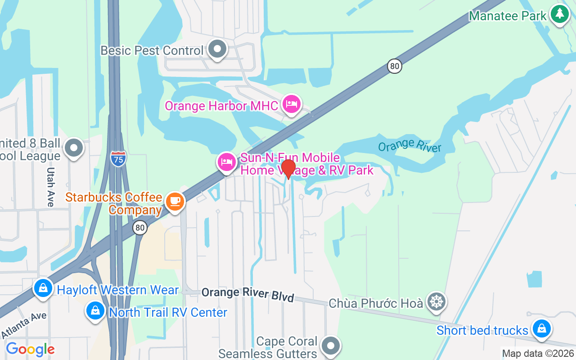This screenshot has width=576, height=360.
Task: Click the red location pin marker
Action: (x=288, y=169)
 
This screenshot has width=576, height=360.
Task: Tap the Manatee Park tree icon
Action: (x=560, y=14)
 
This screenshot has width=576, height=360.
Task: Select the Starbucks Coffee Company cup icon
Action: (x=175, y=201)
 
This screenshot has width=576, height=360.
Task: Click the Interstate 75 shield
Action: (x=118, y=158)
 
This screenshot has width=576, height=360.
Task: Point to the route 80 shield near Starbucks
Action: (x=140, y=228)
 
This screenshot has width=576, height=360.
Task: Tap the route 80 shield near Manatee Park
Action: (x=394, y=67)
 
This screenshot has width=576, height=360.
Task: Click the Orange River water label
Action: (x=409, y=146)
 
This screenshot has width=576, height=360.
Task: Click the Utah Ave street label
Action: (x=51, y=187)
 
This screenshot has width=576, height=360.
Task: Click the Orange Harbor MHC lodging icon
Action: (x=291, y=104)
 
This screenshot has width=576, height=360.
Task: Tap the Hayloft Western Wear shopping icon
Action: (x=43, y=289)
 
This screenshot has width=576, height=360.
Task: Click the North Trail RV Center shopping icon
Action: (x=95, y=311)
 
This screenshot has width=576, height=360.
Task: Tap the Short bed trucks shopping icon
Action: (x=541, y=329)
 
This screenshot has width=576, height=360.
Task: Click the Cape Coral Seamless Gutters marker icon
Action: (x=331, y=346)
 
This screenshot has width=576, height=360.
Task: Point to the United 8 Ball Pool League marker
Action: (x=74, y=148)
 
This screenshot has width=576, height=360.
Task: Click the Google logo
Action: (x=30, y=349)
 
